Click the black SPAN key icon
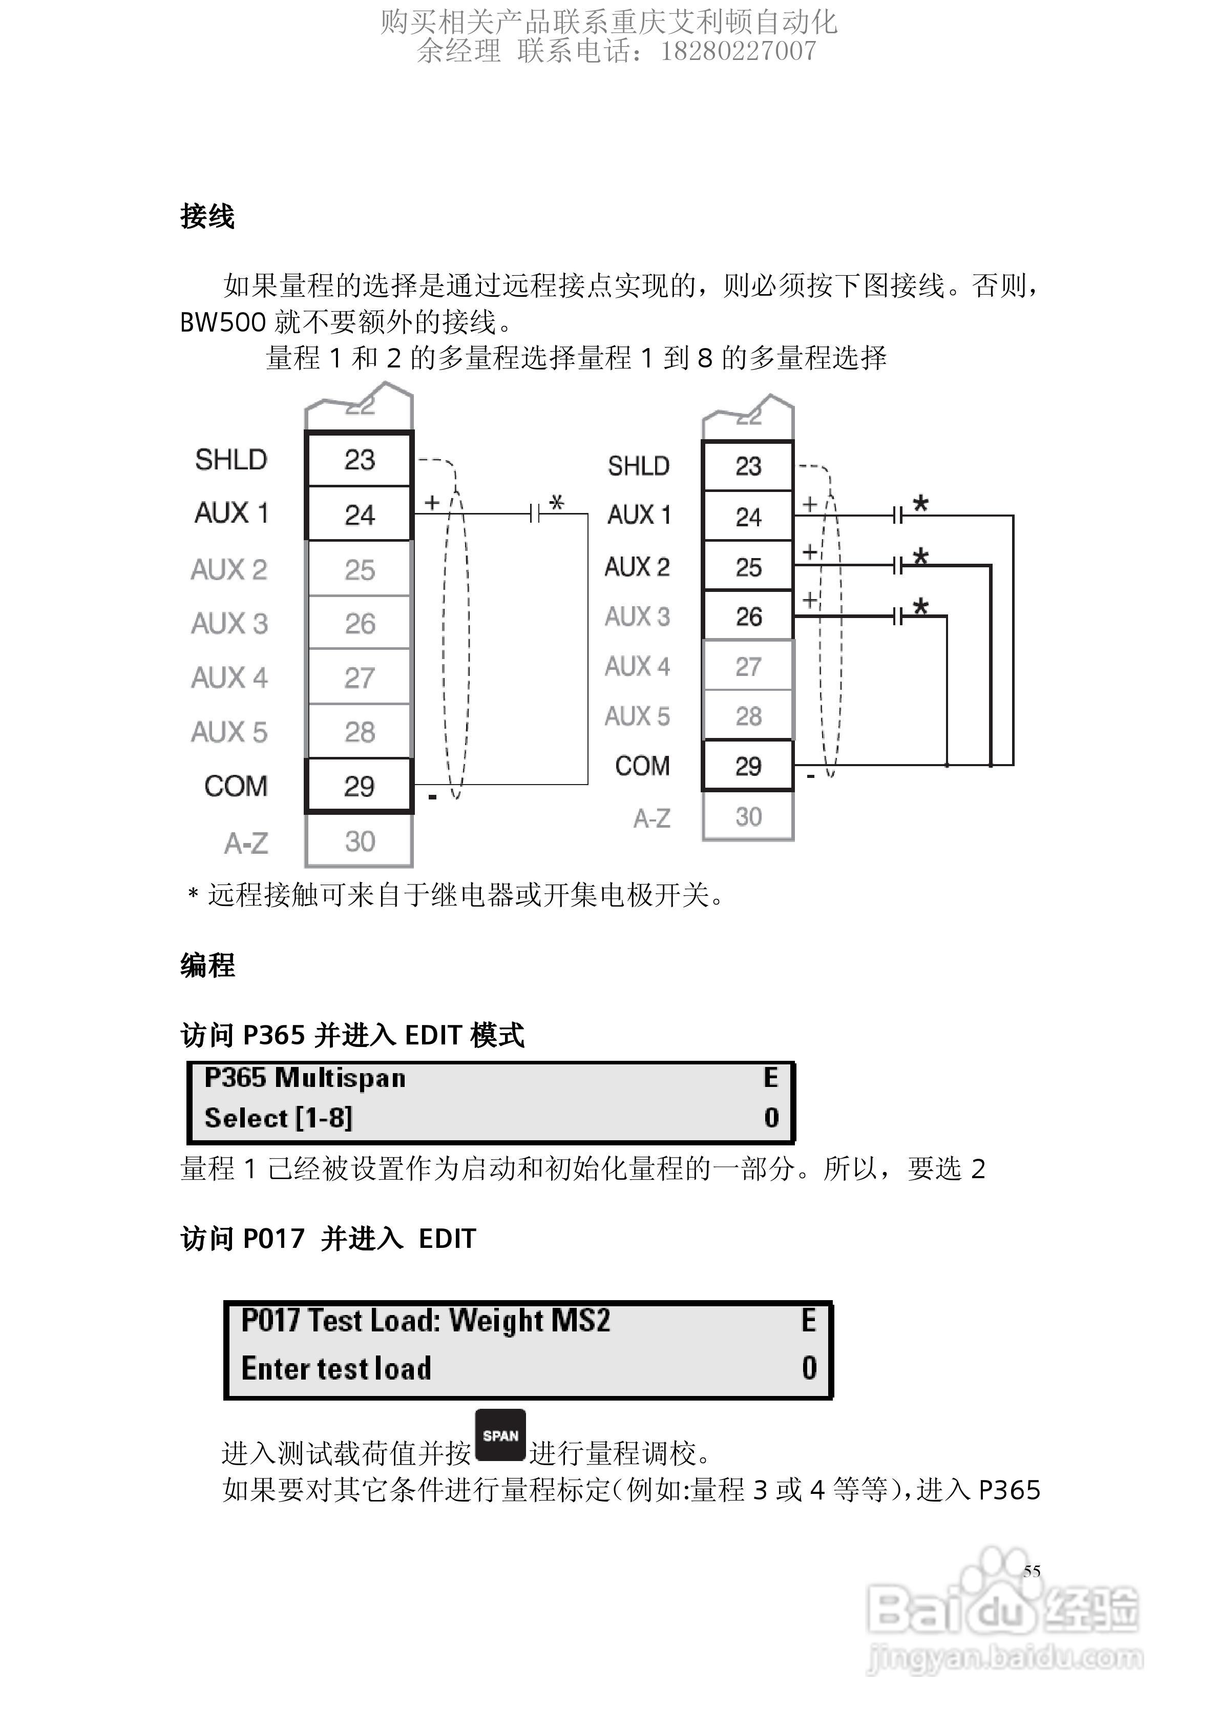500,1436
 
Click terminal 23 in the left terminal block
359,459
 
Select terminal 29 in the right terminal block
748,766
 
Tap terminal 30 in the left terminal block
359,841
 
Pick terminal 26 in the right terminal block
748,617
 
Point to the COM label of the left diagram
235,786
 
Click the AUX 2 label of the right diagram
637,567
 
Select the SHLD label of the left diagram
230,459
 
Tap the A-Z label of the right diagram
651,818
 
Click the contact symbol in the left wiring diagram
534,514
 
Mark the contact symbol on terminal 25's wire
897,565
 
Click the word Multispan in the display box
341,1078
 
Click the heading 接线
207,216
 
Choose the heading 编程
207,965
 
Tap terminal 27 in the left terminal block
359,678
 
